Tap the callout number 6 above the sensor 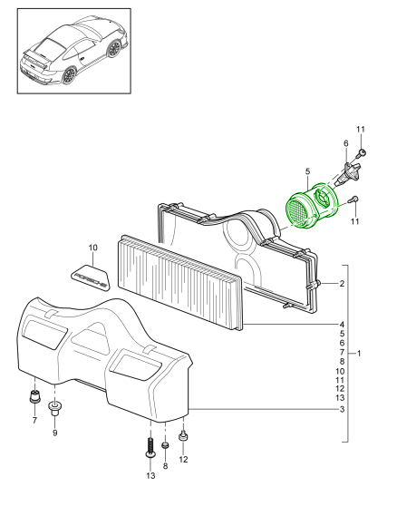coord(345,143)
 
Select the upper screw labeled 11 coord(362,153)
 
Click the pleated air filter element coord(179,283)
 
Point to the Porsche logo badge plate coord(90,277)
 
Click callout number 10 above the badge coord(93,248)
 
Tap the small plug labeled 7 coord(34,396)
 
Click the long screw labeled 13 coord(150,447)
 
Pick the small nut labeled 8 coord(165,445)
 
